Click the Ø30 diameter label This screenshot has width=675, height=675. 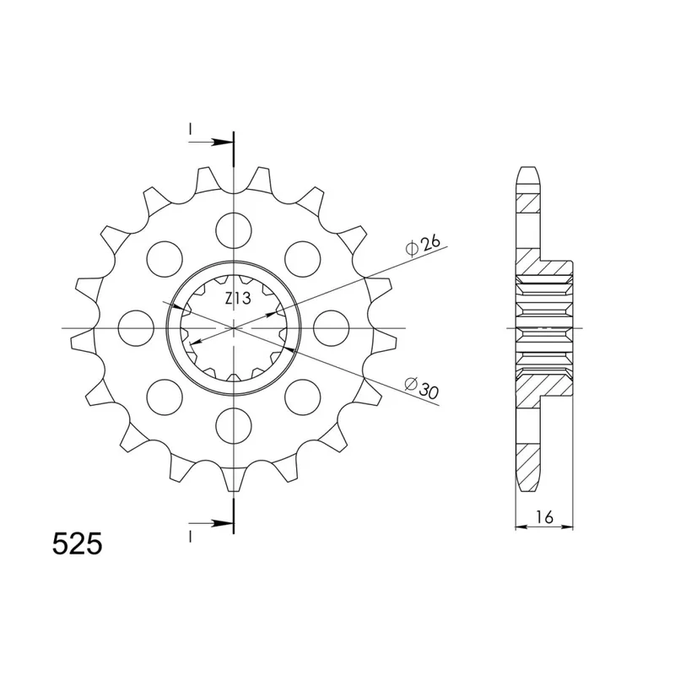click(422, 387)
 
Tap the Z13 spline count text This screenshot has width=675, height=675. click(238, 298)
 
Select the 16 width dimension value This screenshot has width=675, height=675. click(544, 516)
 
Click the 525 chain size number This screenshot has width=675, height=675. click(78, 543)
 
